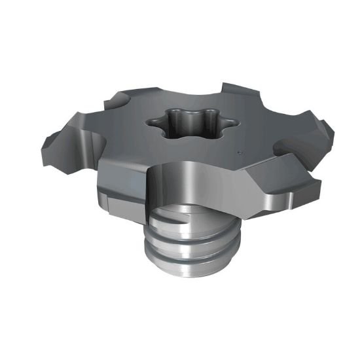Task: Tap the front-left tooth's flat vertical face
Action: [x=121, y=187]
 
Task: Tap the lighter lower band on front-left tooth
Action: [x=121, y=208]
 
